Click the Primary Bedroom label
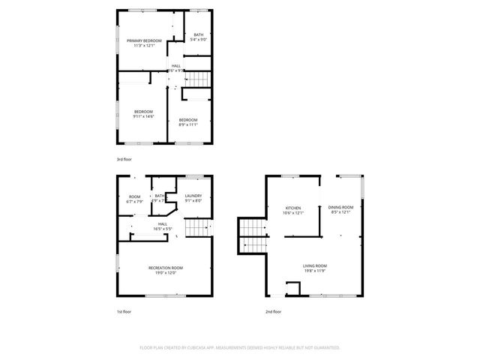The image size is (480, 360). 144,40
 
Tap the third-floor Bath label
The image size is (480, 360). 198,35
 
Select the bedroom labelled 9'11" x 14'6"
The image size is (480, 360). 143,112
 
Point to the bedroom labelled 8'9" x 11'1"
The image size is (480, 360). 187,120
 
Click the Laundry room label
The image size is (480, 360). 193,196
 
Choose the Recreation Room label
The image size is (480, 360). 166,267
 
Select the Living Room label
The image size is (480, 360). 314,265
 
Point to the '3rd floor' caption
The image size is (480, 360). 124,160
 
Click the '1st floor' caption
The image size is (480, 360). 124,311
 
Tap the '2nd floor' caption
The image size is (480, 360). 273,311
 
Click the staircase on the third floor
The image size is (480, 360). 196,79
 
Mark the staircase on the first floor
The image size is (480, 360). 196,228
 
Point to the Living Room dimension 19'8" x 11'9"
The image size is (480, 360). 314,271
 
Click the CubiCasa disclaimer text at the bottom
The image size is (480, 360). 240,348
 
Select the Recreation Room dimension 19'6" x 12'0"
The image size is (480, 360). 166,272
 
